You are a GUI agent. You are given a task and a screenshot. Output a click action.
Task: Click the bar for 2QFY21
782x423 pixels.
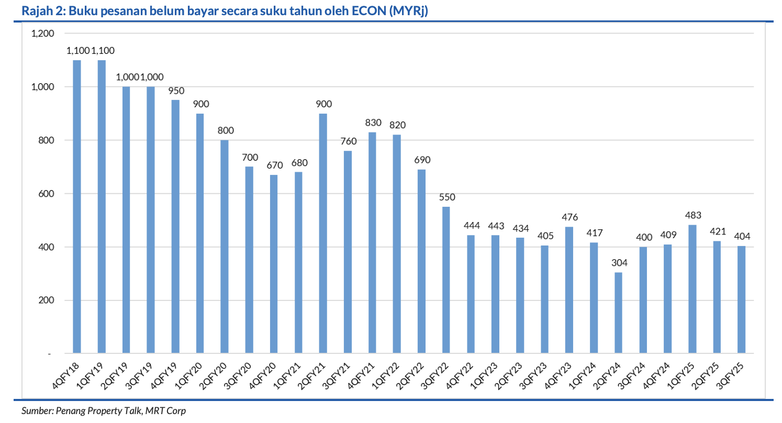point(323,233)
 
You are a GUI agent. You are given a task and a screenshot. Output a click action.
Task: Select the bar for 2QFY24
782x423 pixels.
point(618,313)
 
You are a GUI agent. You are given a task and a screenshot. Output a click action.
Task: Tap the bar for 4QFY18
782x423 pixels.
point(77,207)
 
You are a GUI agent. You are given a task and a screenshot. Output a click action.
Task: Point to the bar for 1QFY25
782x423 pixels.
point(692,289)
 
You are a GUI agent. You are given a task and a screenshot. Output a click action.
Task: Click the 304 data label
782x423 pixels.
point(618,263)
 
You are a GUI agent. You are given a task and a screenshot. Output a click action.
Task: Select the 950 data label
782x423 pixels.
point(175,91)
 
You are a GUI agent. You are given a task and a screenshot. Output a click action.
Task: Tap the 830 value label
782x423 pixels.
point(372,123)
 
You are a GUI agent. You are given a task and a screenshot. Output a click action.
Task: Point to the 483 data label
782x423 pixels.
point(692,215)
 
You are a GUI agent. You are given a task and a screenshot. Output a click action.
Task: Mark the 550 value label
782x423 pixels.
point(446,197)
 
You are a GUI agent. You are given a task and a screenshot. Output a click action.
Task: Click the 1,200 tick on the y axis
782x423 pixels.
point(43,34)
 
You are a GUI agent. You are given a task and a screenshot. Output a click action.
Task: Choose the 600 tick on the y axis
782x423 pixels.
point(46,194)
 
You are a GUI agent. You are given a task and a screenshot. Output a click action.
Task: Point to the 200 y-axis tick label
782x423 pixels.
point(46,300)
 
